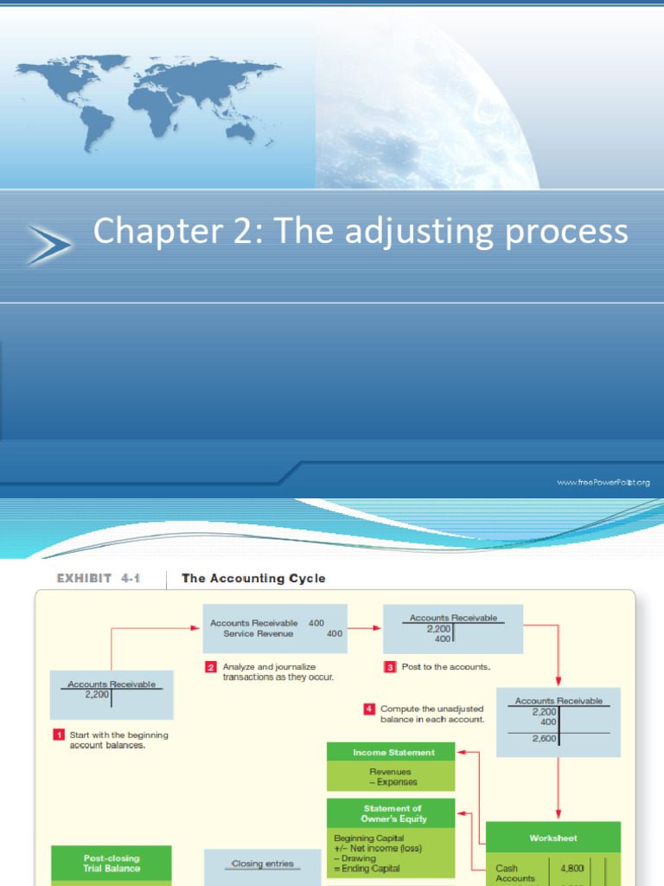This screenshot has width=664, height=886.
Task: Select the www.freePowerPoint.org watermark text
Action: [x=603, y=482]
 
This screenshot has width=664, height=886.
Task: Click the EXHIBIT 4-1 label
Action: [x=99, y=578]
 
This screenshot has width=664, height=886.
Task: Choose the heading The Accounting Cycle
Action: [x=253, y=578]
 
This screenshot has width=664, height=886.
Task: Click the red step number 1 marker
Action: [x=60, y=735]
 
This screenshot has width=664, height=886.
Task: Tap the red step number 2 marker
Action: [x=210, y=667]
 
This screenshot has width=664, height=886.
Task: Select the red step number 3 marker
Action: [x=390, y=667]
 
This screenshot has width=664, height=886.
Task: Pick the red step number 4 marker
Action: [x=369, y=709]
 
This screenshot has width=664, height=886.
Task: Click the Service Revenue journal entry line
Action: [x=259, y=633]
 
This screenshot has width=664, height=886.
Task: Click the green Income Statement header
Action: [x=393, y=752]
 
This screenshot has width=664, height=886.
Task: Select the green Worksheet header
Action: [x=553, y=838]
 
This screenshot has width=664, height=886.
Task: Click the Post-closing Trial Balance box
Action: [x=112, y=863]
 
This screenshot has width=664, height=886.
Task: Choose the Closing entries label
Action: [x=263, y=863]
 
